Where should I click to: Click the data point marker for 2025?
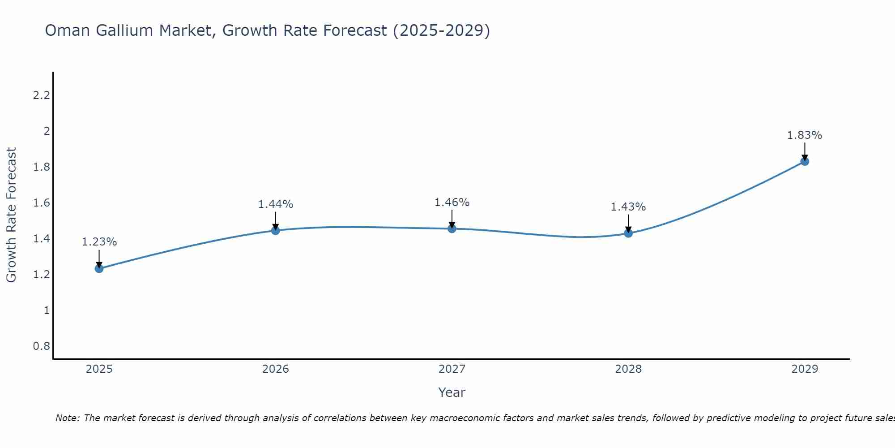click(99, 269)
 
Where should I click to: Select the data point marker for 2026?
click(276, 231)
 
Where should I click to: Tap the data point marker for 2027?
click(452, 229)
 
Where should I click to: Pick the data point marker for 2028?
click(628, 233)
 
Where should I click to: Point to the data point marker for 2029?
click(805, 161)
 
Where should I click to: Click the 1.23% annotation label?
click(99, 242)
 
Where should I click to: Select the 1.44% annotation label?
click(276, 204)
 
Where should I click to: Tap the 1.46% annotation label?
click(452, 202)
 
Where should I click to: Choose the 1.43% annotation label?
click(628, 207)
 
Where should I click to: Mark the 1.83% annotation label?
click(805, 135)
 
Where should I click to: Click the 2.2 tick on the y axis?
click(41, 95)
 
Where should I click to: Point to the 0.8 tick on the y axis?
click(41, 346)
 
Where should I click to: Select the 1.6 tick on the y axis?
click(41, 203)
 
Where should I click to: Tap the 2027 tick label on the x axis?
click(452, 369)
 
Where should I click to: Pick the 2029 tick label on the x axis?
click(805, 369)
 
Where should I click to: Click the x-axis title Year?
click(452, 392)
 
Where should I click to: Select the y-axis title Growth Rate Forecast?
click(12, 215)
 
